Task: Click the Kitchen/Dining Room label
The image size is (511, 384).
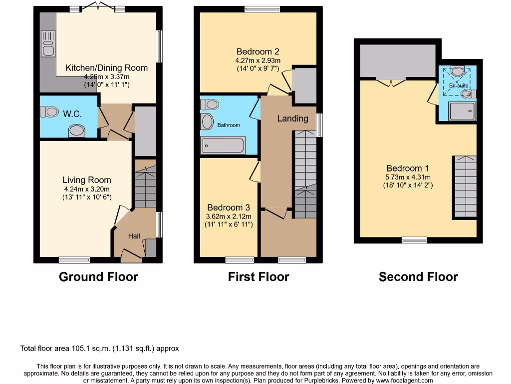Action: click(x=107, y=68)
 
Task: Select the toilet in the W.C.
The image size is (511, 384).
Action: click(x=50, y=111)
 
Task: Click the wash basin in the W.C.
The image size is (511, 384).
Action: click(x=76, y=131)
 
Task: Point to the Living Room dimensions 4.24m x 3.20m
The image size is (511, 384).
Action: click(x=87, y=189)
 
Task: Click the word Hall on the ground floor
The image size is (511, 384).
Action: click(x=134, y=236)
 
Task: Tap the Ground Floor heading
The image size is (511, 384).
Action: click(x=98, y=276)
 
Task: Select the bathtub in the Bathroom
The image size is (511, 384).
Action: click(x=223, y=145)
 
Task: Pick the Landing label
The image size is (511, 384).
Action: click(x=292, y=118)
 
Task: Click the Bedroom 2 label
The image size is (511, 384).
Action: click(x=257, y=51)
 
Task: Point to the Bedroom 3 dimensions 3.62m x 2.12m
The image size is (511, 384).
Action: click(x=229, y=216)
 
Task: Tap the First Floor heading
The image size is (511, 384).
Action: click(x=258, y=276)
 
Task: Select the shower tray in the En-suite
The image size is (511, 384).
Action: click(x=462, y=111)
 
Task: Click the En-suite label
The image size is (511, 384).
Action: click(x=458, y=86)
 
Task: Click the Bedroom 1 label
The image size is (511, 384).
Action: click(x=407, y=168)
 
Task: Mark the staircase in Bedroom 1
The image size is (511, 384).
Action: click(x=465, y=186)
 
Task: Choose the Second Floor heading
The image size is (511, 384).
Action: click(x=418, y=276)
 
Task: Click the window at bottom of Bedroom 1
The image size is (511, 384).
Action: click(x=414, y=240)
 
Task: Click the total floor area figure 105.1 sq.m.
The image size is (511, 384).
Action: click(x=111, y=348)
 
